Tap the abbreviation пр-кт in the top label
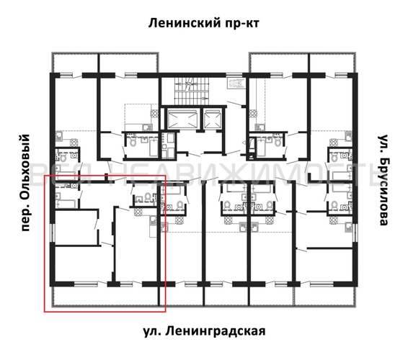242,23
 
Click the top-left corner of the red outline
45,176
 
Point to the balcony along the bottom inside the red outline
108,296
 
